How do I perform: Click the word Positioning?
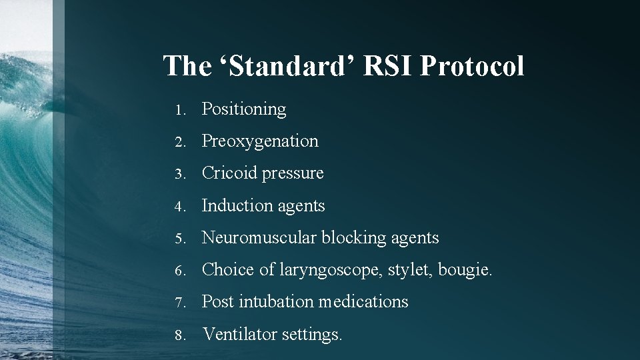[x=244, y=109]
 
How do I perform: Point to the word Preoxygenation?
[x=260, y=141]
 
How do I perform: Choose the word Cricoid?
[x=230, y=173]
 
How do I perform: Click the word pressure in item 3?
[x=293, y=174]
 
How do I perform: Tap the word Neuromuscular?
[x=259, y=237]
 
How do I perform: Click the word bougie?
[x=464, y=270]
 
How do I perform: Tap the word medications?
[x=363, y=302]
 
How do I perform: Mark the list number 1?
[x=179, y=109]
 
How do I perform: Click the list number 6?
[x=179, y=270]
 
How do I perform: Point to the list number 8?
[x=179, y=334]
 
